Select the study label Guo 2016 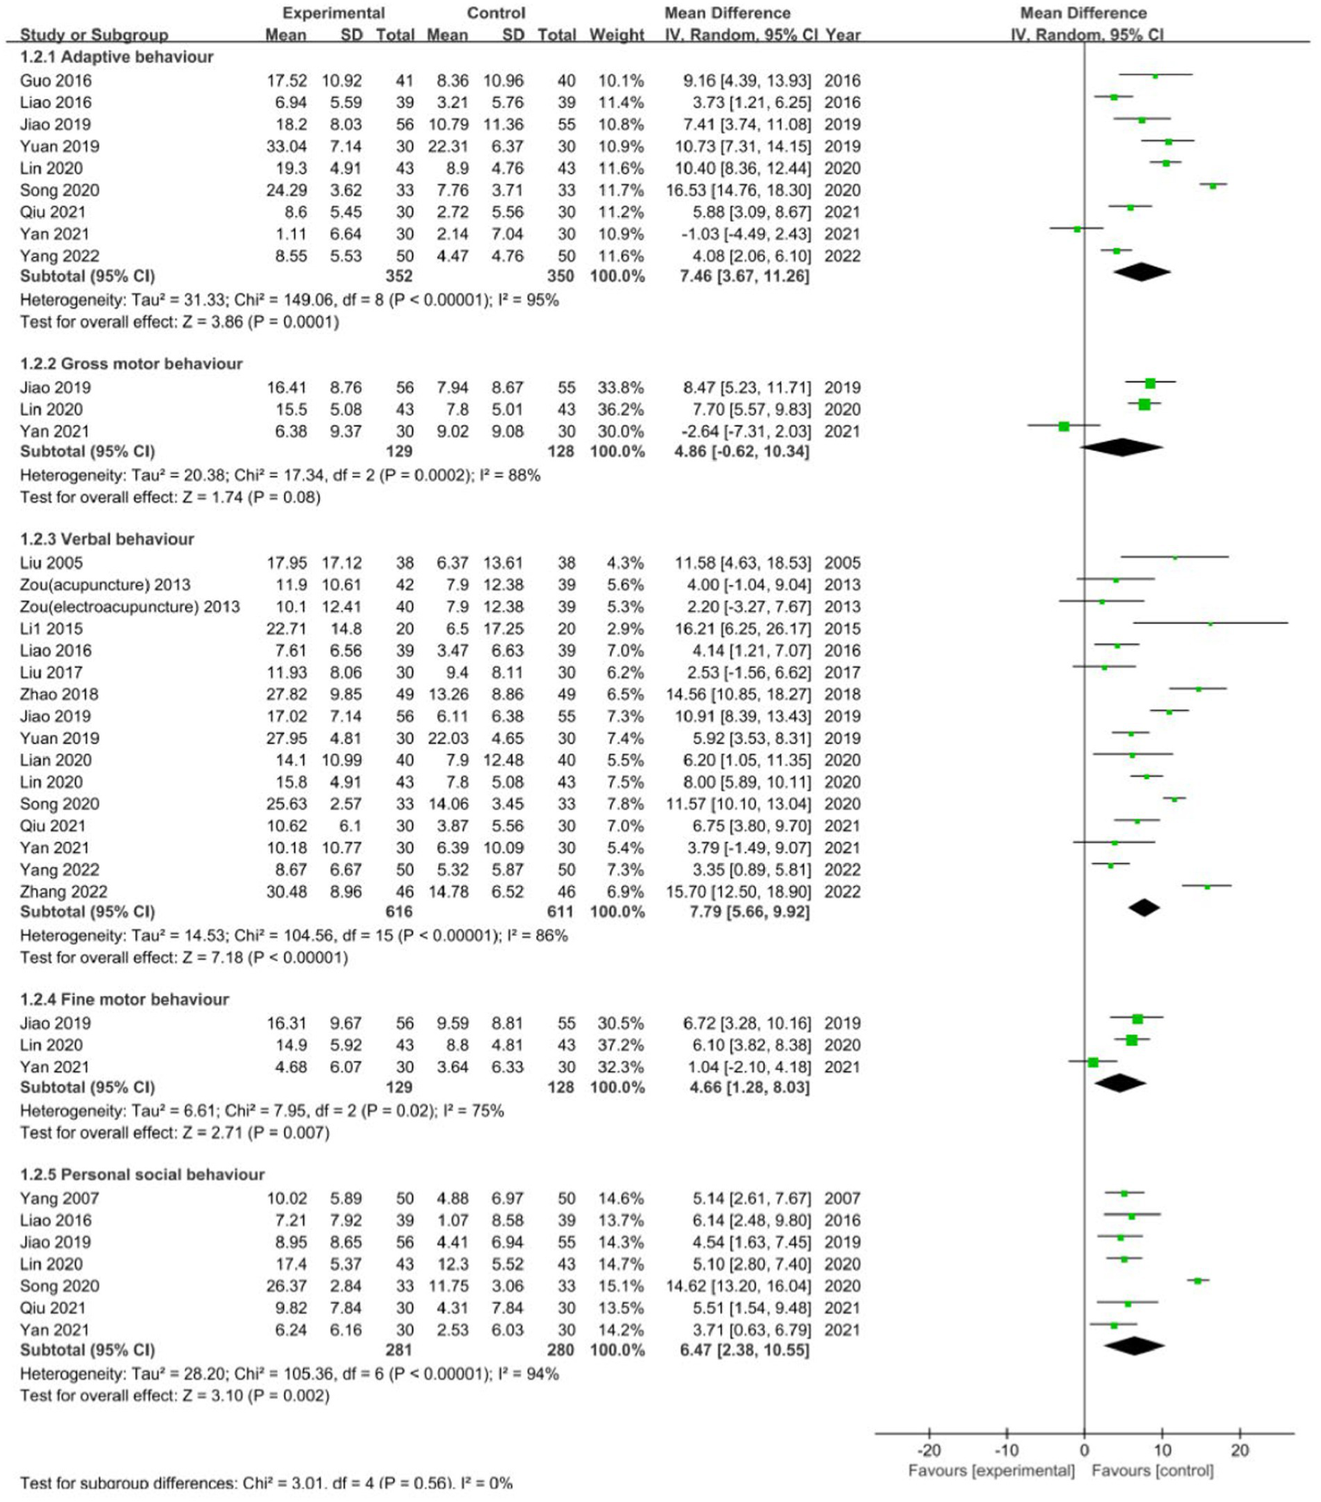[x=55, y=80]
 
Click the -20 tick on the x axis [x=929, y=1450]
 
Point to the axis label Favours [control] [x=1152, y=1470]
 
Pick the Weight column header [x=616, y=34]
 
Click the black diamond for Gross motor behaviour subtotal [x=1121, y=447]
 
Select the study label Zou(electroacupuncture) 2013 [x=129, y=606]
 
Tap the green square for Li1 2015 [x=1210, y=623]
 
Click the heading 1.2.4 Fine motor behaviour [x=124, y=999]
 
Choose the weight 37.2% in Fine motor [x=620, y=1045]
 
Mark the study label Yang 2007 [x=59, y=1198]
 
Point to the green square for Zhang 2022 [x=1207, y=886]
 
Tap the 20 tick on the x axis [x=1239, y=1450]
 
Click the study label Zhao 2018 [x=59, y=694]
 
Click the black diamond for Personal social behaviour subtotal [x=1134, y=1345]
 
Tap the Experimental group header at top [x=333, y=13]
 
